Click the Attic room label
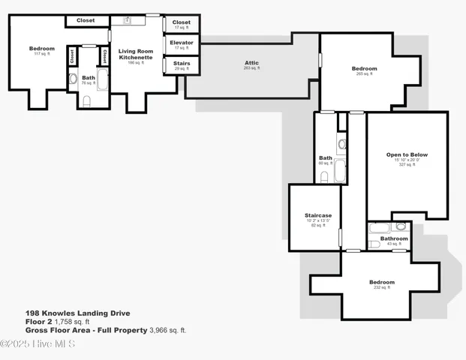pyautogui.click(x=251, y=63)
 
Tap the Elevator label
pyautogui.click(x=181, y=43)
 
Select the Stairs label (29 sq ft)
pyautogui.click(x=181, y=64)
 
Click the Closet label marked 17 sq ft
pyautogui.click(x=181, y=22)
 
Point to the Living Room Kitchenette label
pyautogui.click(x=135, y=53)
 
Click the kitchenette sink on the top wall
pyautogui.click(x=128, y=19)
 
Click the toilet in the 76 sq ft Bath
pyautogui.click(x=86, y=101)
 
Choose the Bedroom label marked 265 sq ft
pyautogui.click(x=364, y=69)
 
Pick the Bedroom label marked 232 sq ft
pyautogui.click(x=381, y=283)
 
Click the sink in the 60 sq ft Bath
pyautogui.click(x=342, y=143)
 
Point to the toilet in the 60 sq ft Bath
pyautogui.click(x=324, y=177)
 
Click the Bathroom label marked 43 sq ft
pyautogui.click(x=394, y=238)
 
